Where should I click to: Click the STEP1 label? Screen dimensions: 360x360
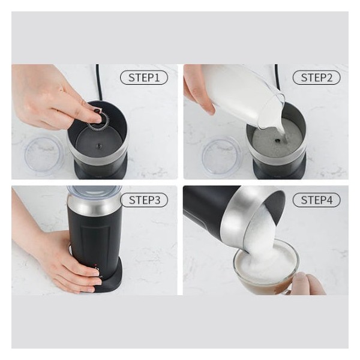pyautogui.click(x=144, y=78)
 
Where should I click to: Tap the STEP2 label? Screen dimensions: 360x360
pyautogui.click(x=316, y=78)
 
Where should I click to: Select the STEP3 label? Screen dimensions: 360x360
pyautogui.click(x=145, y=200)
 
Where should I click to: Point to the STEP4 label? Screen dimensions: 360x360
pyautogui.click(x=316, y=200)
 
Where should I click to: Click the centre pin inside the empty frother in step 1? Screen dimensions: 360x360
pyautogui.click(x=99, y=146)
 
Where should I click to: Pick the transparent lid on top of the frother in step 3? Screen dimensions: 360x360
pyautogui.click(x=94, y=191)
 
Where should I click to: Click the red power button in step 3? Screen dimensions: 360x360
pyautogui.click(x=95, y=266)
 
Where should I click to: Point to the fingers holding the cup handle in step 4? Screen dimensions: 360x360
pyautogui.click(x=308, y=284)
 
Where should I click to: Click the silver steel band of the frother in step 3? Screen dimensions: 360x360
pyautogui.click(x=94, y=205)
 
